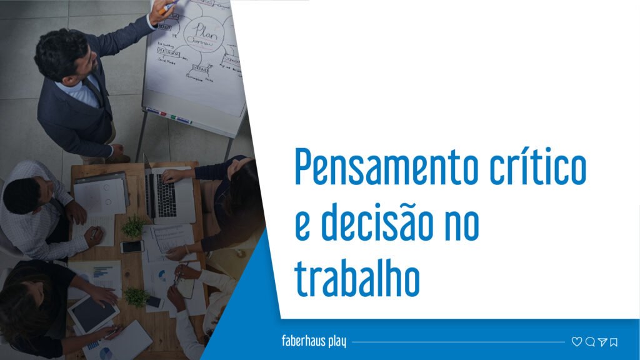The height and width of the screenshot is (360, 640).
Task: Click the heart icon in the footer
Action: point(576,342)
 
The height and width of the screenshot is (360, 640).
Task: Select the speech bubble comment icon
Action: point(589,342)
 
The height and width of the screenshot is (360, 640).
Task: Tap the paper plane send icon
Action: point(602,342)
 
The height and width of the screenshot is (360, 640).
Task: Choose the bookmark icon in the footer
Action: point(614,342)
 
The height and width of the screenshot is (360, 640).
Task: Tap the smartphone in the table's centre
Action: point(132,247)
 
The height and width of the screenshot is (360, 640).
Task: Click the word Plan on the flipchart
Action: point(204,29)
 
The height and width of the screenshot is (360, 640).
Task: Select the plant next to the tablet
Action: point(137,296)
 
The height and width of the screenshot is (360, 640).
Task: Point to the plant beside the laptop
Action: point(132,226)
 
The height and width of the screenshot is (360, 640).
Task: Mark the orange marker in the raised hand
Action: point(165,8)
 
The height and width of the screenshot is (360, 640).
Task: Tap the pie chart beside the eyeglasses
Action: point(161,276)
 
